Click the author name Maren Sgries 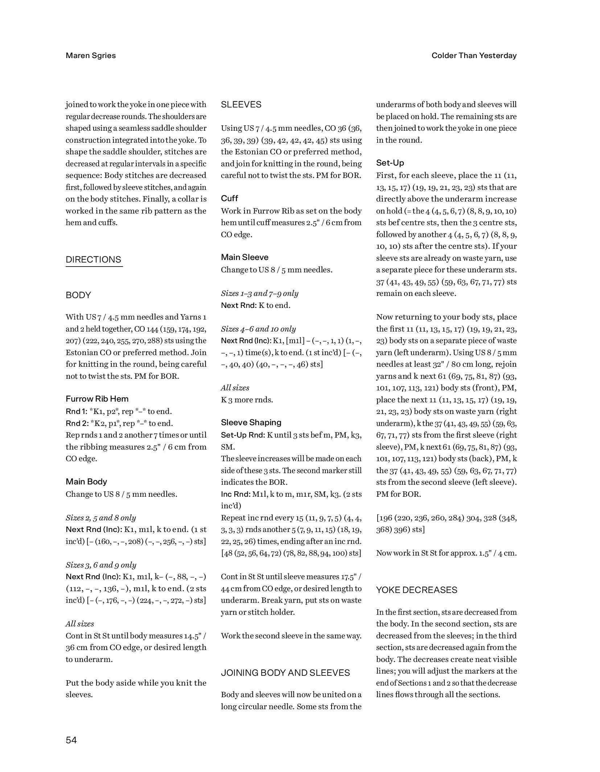[x=91, y=56]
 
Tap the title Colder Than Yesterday [x=474, y=56]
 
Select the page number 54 [x=71, y=740]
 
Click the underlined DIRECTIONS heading [x=94, y=260]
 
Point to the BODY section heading [x=78, y=295]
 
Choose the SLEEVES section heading [x=241, y=105]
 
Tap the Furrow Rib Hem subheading [x=97, y=399]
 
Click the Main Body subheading [x=86, y=482]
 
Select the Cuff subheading [x=230, y=198]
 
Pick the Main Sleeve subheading [x=245, y=257]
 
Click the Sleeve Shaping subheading [x=251, y=422]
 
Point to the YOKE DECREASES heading [x=416, y=590]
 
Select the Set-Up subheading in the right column [x=390, y=163]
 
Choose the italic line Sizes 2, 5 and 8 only [x=101, y=518]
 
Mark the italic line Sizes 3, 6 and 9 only [x=101, y=565]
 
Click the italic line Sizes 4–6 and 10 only [x=258, y=329]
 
